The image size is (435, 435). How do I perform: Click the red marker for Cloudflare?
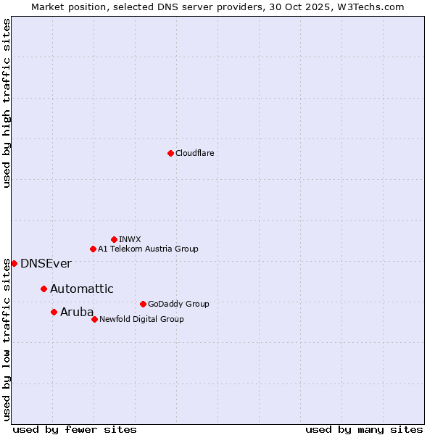coord(170,153)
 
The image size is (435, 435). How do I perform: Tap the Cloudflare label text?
coord(194,153)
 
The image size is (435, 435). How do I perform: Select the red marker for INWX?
coord(114,239)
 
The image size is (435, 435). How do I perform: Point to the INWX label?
coord(130,239)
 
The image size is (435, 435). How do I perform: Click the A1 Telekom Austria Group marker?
coord(93,249)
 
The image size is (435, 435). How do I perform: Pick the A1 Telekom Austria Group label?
coord(148,249)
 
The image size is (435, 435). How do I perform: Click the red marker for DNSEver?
coord(14,263)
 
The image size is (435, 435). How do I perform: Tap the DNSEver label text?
coord(46,264)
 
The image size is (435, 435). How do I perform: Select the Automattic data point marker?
coord(43,289)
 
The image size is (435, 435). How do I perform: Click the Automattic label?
coord(81,289)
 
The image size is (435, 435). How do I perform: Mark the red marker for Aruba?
coord(54,312)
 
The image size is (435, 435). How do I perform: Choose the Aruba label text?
coord(77,312)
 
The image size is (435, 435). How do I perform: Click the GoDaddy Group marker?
coord(143,304)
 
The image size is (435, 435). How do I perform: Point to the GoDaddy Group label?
coord(178,304)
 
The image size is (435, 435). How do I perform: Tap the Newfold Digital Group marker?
coord(94,319)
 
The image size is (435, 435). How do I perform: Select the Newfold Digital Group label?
coord(141,319)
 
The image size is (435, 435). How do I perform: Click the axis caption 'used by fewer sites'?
coord(75,429)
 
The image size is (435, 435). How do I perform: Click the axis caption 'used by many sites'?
coord(364,429)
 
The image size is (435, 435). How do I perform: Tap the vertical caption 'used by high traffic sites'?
coord(7,103)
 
